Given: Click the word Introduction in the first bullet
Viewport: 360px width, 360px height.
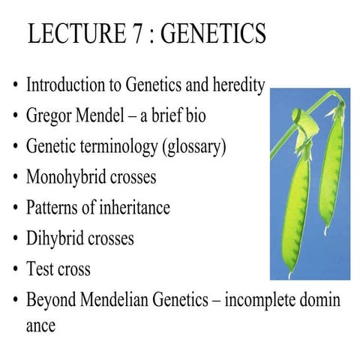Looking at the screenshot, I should click(x=64, y=85).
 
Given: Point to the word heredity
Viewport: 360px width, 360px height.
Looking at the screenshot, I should click(x=238, y=85).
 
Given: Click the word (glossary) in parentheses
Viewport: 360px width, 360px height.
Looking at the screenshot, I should click(x=194, y=147).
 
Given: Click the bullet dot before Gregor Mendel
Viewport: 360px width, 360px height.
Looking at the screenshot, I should click(x=15, y=117).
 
